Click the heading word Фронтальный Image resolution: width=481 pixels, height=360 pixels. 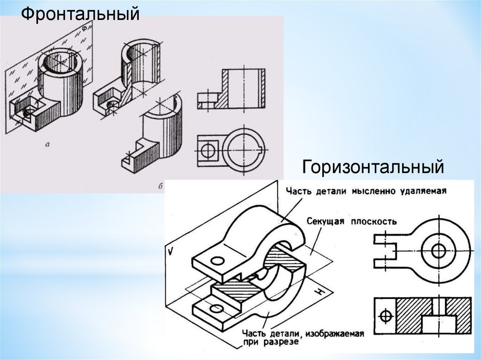click(x=80, y=14)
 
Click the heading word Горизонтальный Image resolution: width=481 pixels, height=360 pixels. click(x=373, y=167)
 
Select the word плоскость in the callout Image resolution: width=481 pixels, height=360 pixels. click(x=376, y=221)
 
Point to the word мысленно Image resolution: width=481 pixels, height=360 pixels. click(x=368, y=191)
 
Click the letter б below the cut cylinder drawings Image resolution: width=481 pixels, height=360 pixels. click(x=161, y=186)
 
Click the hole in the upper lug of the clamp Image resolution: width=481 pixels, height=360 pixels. click(x=217, y=261)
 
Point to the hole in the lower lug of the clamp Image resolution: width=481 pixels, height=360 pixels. click(x=217, y=309)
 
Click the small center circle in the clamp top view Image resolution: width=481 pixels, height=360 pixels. click(x=439, y=251)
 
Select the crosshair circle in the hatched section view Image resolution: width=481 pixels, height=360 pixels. click(x=385, y=315)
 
